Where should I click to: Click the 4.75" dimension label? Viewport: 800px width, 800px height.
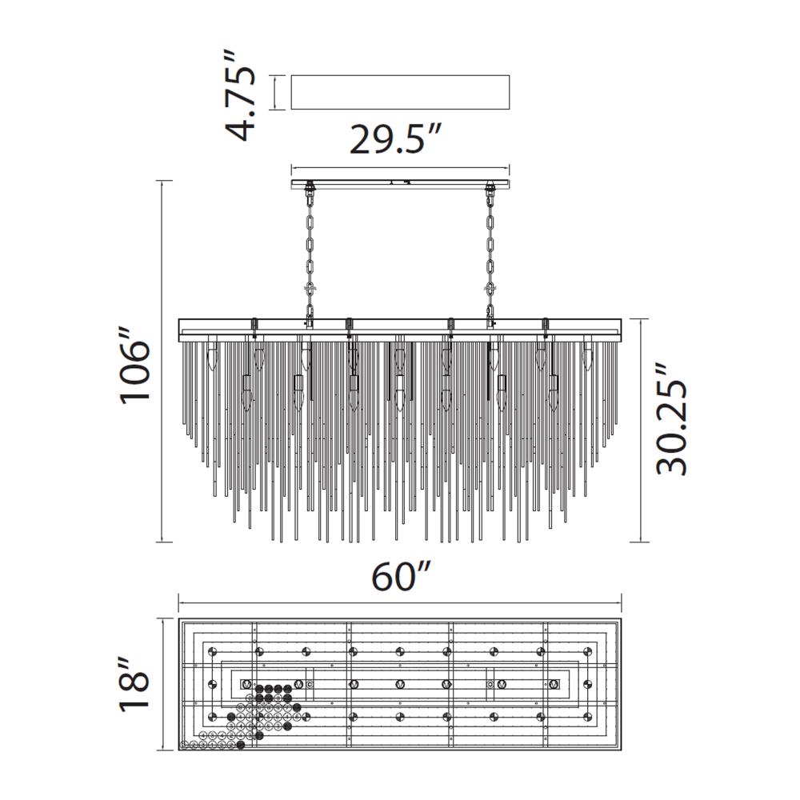tap(240, 95)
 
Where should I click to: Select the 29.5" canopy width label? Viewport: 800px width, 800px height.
tap(394, 138)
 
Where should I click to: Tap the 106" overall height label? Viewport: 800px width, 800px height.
tap(135, 362)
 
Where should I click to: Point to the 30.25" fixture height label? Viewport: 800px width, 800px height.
tap(671, 419)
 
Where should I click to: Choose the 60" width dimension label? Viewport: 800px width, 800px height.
tap(402, 576)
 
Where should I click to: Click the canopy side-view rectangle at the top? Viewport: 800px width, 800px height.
tap(400, 92)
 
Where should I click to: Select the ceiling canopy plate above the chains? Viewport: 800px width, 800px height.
tap(400, 184)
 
